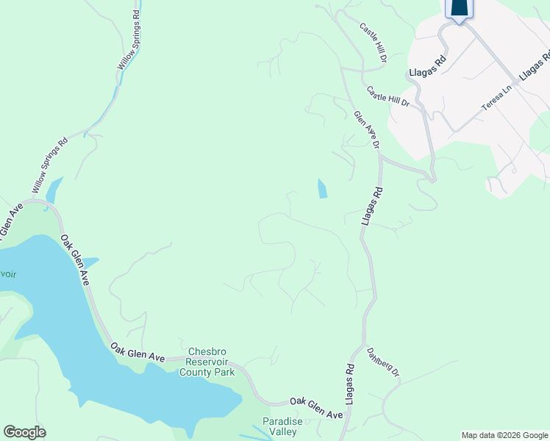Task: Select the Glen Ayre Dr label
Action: tap(365, 129)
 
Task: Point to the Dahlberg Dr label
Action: tap(383, 362)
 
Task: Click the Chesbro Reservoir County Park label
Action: tap(211, 362)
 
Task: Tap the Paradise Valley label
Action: tap(282, 426)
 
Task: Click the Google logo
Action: tap(24, 432)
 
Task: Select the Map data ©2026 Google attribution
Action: tap(505, 435)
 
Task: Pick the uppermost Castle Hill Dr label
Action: tap(374, 41)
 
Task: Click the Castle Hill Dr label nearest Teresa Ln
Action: tap(387, 96)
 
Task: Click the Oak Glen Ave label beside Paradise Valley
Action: tap(316, 409)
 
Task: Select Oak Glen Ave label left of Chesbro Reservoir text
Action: tap(137, 351)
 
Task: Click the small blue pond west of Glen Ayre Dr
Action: tap(322, 189)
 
